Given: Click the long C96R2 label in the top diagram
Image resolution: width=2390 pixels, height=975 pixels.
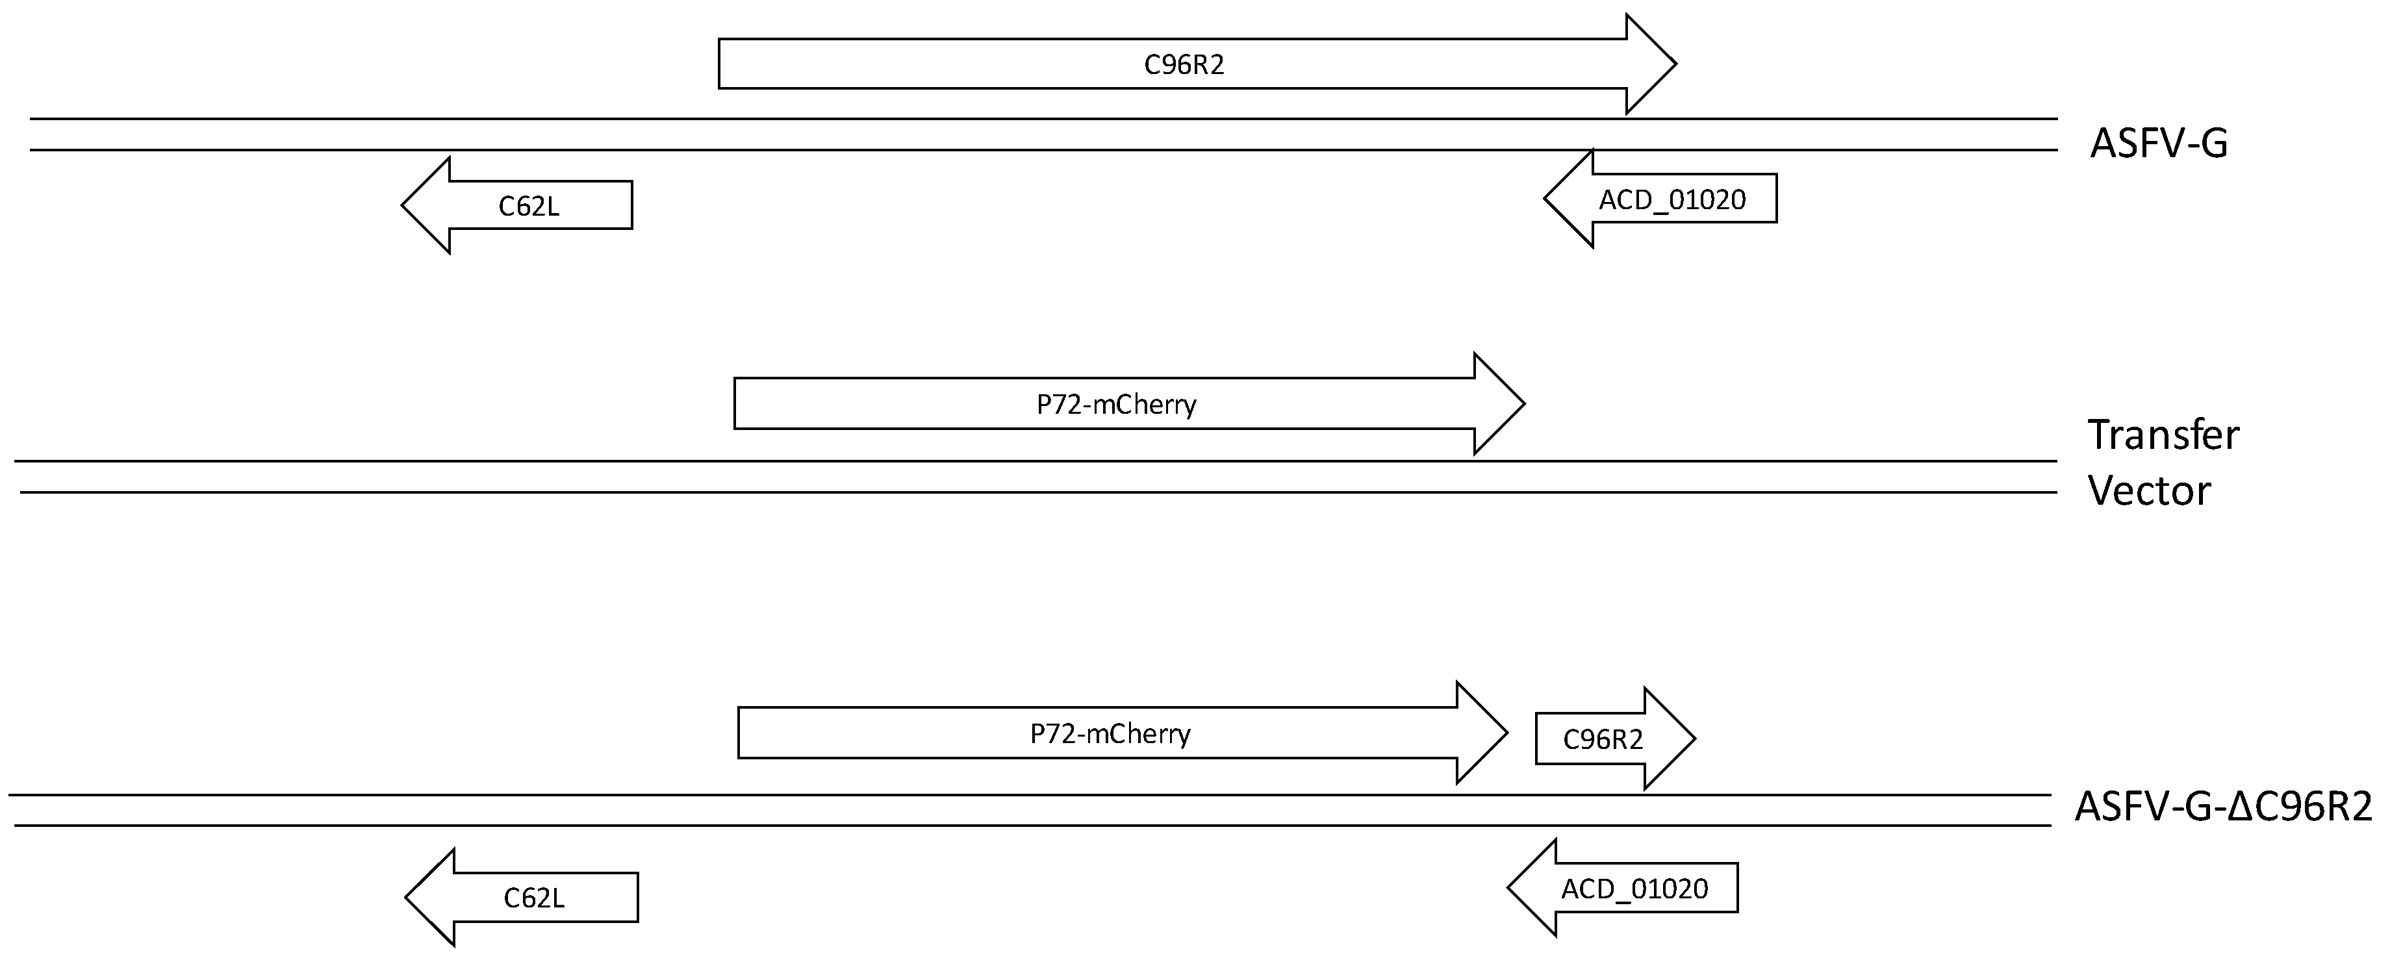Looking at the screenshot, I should (1184, 65).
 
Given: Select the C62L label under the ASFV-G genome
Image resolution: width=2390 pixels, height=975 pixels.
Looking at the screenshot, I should (529, 206).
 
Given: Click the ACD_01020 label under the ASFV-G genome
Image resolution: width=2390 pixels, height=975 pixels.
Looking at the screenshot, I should (1672, 199).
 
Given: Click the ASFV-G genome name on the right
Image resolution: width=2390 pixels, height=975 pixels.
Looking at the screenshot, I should (2158, 144).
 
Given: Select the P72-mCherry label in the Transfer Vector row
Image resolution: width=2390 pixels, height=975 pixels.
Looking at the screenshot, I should (1116, 405).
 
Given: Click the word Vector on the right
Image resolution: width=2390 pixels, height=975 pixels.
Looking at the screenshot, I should (2149, 490).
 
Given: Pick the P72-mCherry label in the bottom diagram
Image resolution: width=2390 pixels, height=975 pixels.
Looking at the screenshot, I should (1110, 734).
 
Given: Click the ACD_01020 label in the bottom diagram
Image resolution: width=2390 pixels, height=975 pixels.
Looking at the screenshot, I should (1634, 889).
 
